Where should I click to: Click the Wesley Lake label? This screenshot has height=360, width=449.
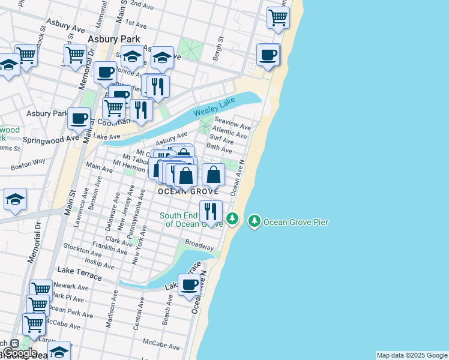[x=214, y=109]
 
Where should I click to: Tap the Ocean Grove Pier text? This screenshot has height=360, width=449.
[x=296, y=222]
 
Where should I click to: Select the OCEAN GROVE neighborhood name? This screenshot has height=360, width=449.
[x=184, y=191]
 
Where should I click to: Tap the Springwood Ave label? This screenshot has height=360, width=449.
[x=51, y=139]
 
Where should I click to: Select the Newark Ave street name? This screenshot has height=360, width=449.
[x=71, y=287]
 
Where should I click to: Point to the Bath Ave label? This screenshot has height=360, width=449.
[x=219, y=148]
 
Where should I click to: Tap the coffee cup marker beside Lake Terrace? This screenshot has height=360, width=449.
[x=190, y=286]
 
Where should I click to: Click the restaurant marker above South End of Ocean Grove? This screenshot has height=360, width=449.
[x=211, y=212]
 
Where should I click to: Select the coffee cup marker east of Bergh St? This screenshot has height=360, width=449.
[x=268, y=55]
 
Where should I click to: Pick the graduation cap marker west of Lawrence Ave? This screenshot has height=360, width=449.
[x=15, y=200]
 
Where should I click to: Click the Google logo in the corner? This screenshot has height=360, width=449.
[x=19, y=352]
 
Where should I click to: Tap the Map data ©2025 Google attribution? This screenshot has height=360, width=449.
[x=412, y=355]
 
